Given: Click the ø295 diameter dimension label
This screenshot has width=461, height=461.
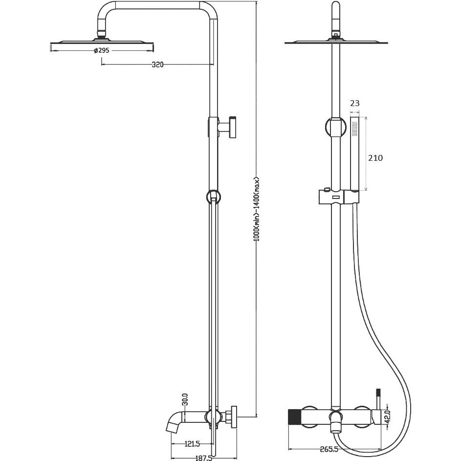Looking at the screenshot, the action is (102, 50).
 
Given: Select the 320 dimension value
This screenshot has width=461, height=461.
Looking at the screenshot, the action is (157, 65).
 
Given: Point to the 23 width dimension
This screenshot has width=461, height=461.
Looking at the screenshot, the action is (355, 103).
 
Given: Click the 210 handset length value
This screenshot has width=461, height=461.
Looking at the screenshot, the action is (375, 158).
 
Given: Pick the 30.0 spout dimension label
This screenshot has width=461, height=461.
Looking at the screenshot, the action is (185, 400).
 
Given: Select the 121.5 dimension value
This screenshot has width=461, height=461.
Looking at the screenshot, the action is (192, 444).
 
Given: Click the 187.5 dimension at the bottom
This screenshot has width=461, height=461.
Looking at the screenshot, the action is (203, 458).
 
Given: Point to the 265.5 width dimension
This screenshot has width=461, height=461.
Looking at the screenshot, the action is (329, 449).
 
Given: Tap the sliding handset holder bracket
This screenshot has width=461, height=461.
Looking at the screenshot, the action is (338, 197).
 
